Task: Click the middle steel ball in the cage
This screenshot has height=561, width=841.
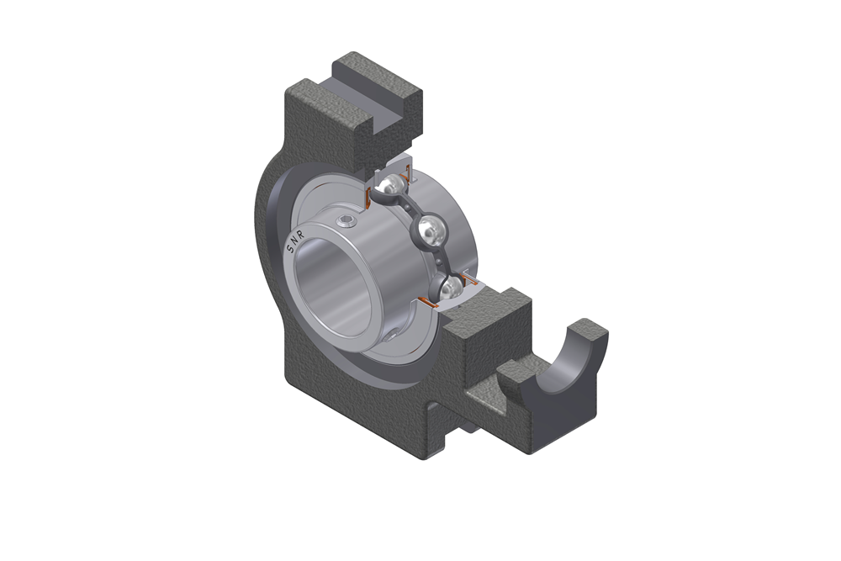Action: click(430, 228)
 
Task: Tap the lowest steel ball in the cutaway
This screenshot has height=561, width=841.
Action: click(451, 288)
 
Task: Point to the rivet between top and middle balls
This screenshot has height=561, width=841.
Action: click(409, 208)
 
